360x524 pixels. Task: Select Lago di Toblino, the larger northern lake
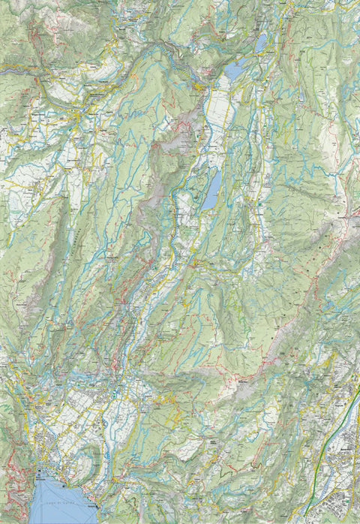(x=234, y=71)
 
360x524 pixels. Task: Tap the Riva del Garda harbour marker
(x=39, y=474)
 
